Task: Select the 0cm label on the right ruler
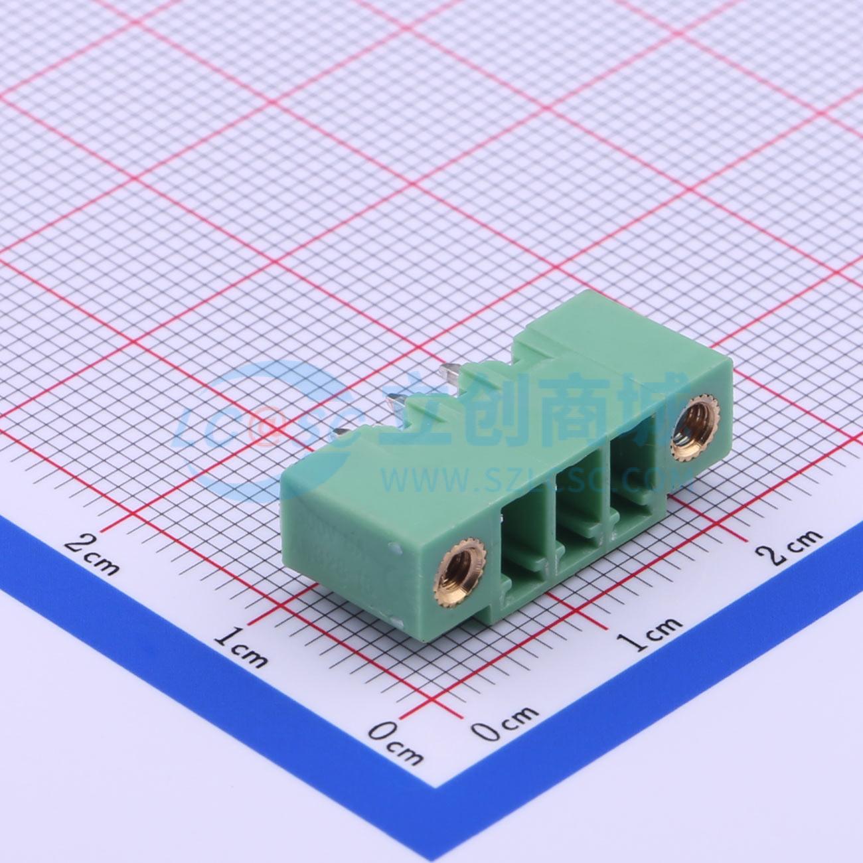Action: click(506, 725)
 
